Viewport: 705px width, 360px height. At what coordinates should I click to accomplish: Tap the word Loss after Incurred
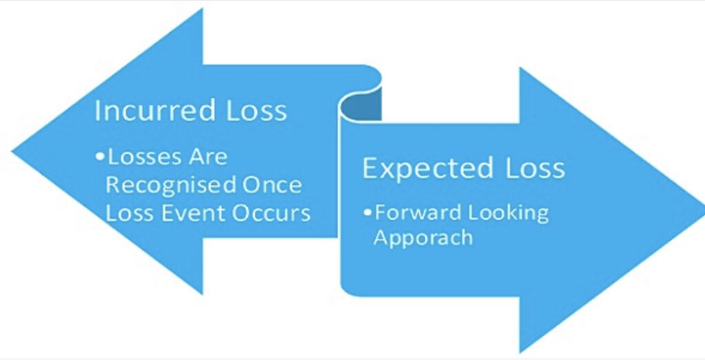[256, 110]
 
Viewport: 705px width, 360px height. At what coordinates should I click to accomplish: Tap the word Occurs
[271, 213]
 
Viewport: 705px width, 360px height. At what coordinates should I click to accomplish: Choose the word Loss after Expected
[535, 168]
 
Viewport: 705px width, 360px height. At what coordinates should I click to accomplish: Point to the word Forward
[418, 212]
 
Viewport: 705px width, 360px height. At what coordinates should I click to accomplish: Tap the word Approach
[423, 237]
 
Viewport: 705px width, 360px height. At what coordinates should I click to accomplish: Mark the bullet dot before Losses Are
[99, 157]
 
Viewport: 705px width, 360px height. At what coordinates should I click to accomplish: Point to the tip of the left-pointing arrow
[12, 152]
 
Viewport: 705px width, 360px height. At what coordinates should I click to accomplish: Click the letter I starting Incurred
[97, 111]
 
